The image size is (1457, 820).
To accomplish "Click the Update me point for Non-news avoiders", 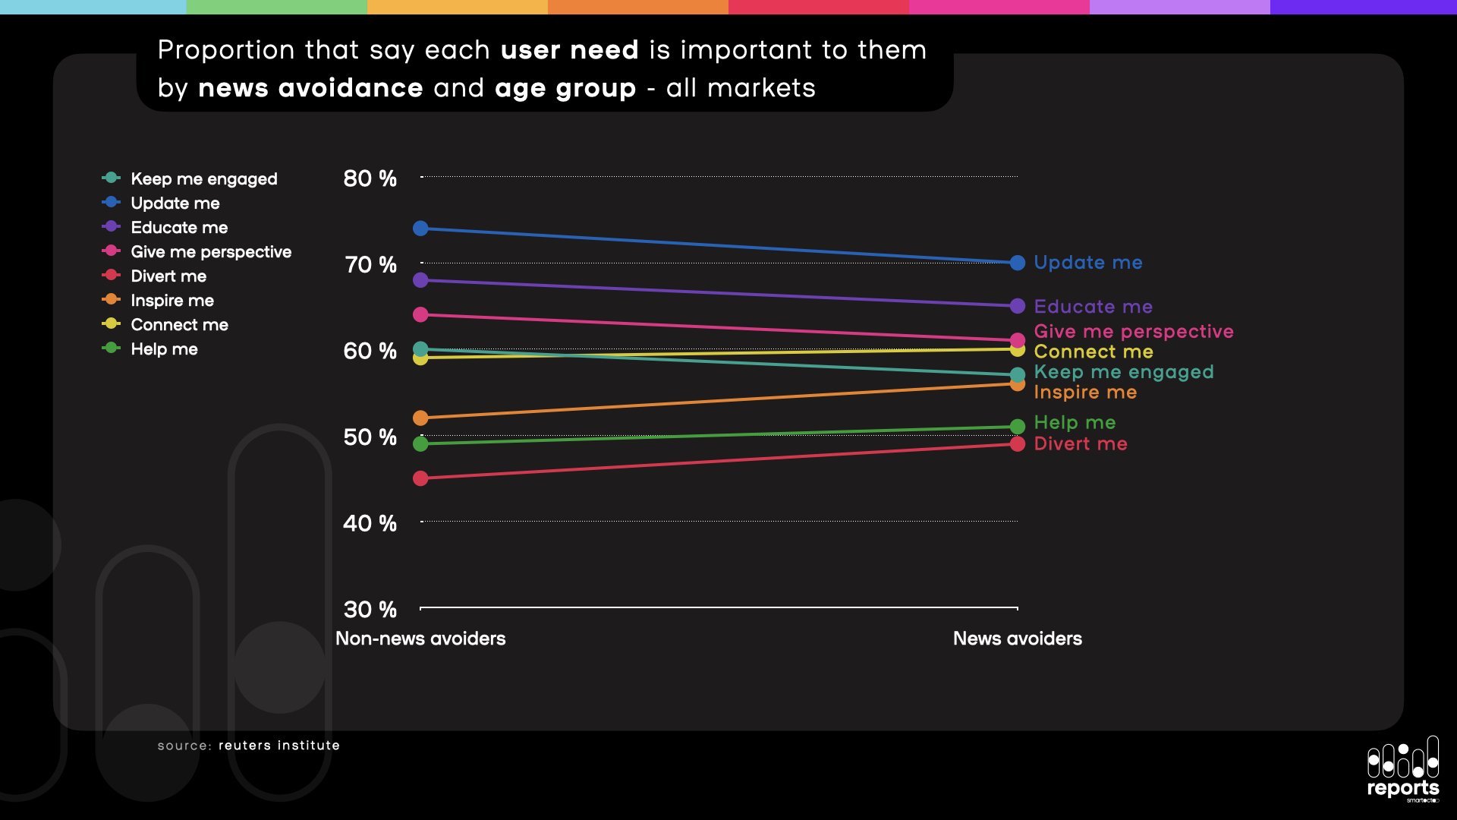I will tap(420, 229).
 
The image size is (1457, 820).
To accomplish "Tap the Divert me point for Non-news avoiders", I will tap(420, 478).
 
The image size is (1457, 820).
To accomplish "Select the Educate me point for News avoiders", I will tap(1018, 306).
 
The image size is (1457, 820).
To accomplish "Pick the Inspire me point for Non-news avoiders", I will tap(420, 418).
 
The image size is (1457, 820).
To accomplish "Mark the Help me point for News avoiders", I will tap(1018, 427).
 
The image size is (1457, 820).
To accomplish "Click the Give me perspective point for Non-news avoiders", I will tap(420, 314).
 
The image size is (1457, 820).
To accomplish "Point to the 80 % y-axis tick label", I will tap(370, 178).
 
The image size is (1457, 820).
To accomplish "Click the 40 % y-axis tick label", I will tap(370, 523).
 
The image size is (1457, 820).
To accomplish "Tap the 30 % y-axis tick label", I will tap(370, 609).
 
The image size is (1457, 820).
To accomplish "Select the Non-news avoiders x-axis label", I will tap(420, 639).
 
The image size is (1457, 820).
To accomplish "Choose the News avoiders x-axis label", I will tap(1017, 639).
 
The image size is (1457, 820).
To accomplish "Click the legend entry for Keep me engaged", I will tap(203, 179).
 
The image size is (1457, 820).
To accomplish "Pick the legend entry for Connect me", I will tap(179, 325).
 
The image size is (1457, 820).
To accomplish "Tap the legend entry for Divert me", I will tap(168, 276).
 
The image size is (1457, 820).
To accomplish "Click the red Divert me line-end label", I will tap(1080, 444).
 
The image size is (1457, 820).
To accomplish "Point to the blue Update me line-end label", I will tap(1087, 263).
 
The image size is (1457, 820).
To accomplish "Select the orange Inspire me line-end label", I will tap(1085, 393).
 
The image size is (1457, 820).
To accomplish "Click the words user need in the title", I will tap(569, 50).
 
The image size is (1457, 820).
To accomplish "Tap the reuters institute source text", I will tap(278, 746).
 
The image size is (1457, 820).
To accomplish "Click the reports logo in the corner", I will tap(1402, 768).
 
